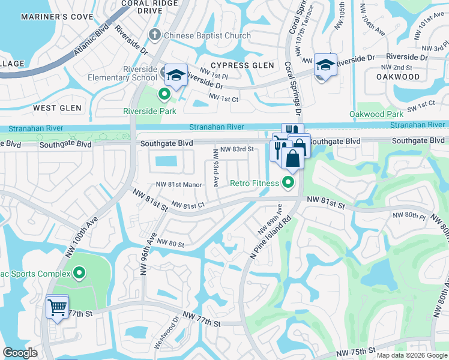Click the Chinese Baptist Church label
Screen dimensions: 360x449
tap(208, 36)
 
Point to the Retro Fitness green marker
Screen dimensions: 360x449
tap(289, 183)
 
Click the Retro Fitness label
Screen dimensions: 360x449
tap(255, 183)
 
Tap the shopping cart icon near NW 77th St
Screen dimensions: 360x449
tap(57, 307)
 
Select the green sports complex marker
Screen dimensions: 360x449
tap(79, 274)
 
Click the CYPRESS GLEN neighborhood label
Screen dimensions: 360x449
tap(243, 65)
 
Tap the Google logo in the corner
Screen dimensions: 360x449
tap(20, 353)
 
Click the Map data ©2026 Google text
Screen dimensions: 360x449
tap(411, 355)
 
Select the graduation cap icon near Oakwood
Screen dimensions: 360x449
tap(325, 65)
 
